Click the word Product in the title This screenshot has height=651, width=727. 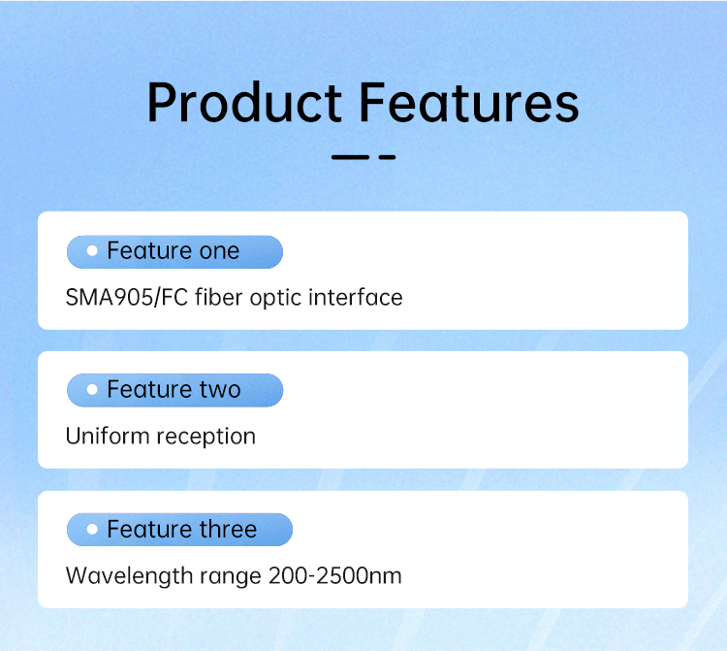[244, 102]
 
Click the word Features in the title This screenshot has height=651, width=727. [469, 102]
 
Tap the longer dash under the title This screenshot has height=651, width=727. [350, 158]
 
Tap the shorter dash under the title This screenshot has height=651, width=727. [387, 158]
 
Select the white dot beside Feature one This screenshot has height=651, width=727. [92, 251]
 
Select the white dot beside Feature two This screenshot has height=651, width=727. [92, 389]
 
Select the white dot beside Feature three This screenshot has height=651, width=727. [92, 529]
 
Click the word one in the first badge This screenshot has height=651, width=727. [219, 252]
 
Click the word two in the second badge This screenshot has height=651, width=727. [220, 390]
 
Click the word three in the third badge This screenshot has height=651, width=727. [228, 529]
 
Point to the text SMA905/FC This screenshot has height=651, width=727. [127, 298]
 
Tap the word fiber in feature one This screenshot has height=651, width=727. [219, 297]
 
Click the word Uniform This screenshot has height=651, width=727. [108, 437]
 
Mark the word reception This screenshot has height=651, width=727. [205, 438]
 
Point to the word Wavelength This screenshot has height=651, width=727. [129, 576]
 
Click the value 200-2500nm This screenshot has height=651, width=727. [334, 576]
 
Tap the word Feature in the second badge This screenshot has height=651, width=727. [149, 389]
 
